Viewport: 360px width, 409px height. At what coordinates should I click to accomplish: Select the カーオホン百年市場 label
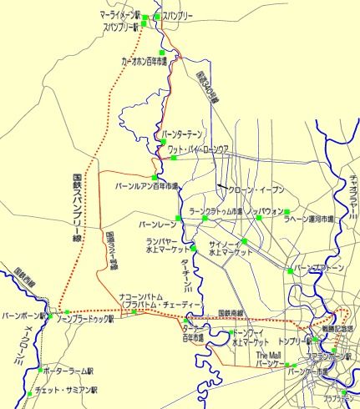(145, 62)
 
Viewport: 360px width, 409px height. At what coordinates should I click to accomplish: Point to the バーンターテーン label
(182, 134)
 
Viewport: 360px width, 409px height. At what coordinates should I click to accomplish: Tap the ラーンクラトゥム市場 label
(216, 212)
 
